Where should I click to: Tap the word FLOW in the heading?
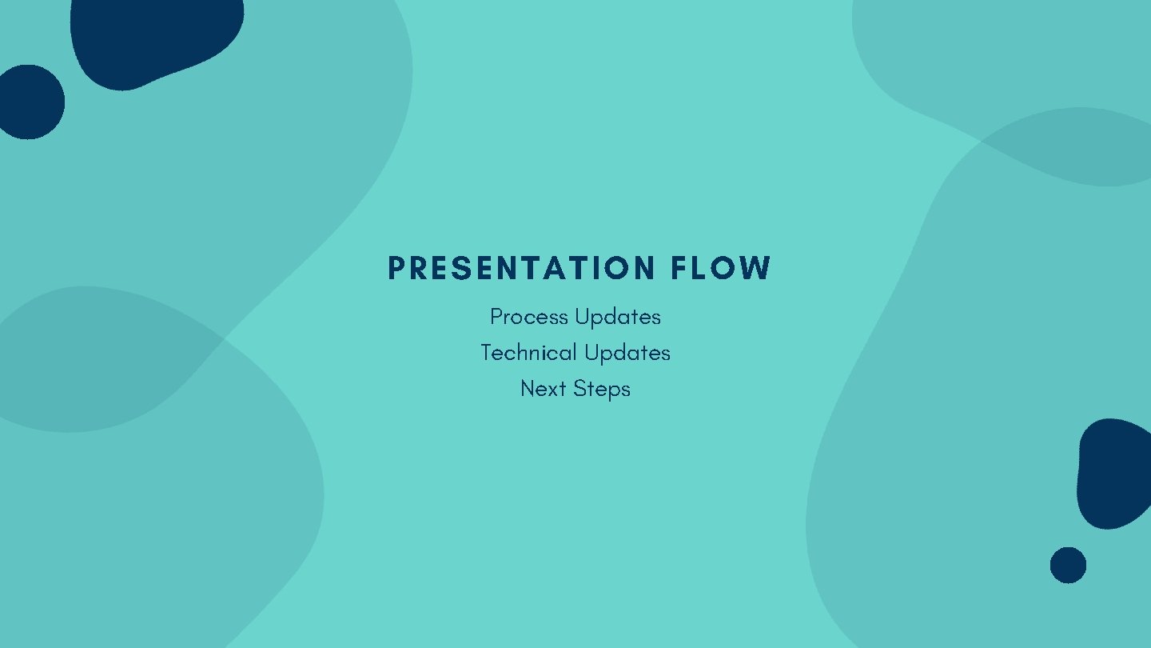[x=721, y=269]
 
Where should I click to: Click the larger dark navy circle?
[x=30, y=102]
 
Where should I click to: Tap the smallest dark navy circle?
[x=1068, y=565]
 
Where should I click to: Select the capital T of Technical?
[x=486, y=353]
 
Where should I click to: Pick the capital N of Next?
[x=528, y=389]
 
